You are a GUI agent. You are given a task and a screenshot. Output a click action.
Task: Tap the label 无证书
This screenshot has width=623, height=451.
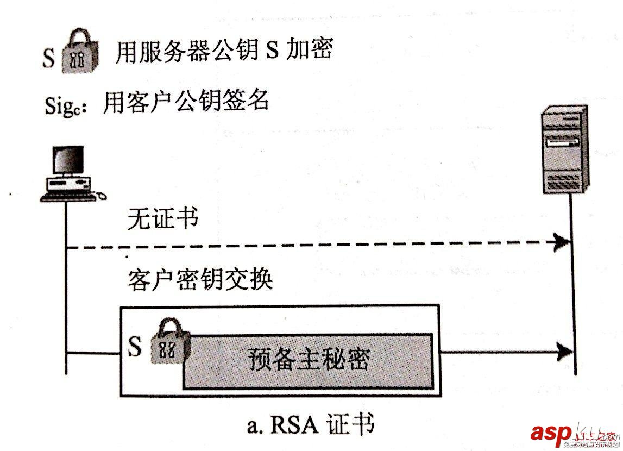[x=162, y=220]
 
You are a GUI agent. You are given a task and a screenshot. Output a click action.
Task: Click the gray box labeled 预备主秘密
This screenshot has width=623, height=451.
[x=309, y=360]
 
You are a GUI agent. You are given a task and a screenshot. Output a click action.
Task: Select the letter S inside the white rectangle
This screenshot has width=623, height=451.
[x=134, y=346]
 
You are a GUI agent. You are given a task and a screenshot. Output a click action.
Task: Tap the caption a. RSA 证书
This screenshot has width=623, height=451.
[x=310, y=425]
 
